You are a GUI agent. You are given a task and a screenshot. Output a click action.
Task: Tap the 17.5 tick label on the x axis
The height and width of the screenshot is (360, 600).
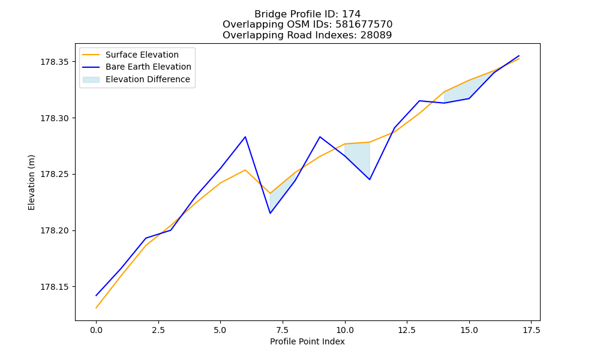coord(531,330)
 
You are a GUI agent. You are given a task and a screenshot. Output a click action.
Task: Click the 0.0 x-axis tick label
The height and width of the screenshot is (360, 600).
coord(96,330)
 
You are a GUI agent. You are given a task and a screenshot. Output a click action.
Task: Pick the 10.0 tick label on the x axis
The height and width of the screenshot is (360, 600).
coord(345,330)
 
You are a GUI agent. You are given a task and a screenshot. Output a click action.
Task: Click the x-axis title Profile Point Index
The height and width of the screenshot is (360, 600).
coord(307,341)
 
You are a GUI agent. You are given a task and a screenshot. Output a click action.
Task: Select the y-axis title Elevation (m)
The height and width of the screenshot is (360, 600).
coord(31,182)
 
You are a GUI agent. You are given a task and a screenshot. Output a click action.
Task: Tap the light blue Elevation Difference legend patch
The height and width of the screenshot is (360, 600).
coord(91,80)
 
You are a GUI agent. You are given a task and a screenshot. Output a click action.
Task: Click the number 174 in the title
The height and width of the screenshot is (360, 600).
coord(351,14)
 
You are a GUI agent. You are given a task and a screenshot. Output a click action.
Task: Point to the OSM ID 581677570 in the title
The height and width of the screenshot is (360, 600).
coord(364,25)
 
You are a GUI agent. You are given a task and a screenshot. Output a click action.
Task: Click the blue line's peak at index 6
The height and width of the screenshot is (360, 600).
coord(245,137)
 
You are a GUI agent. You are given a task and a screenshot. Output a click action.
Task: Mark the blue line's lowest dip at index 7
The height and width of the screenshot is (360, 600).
coord(270,213)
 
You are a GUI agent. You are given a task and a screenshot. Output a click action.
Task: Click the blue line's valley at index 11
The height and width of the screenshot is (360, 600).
coord(370,179)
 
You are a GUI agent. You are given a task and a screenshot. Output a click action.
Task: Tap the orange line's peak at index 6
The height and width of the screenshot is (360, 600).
coord(245,170)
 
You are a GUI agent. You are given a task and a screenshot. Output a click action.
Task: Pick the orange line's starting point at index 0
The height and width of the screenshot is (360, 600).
coord(96,308)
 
